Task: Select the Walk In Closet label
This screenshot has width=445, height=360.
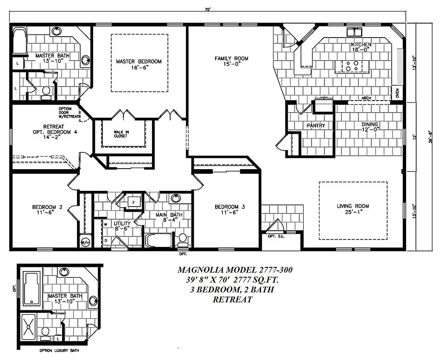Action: tap(121, 134)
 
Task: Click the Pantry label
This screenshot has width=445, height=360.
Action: tap(316, 126)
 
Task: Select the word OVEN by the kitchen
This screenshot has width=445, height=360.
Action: tap(397, 93)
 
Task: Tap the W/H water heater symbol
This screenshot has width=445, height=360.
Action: tap(85, 241)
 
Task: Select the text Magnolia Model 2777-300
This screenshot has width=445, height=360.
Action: tap(235, 270)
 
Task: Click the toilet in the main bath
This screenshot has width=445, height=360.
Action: tap(183, 239)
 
